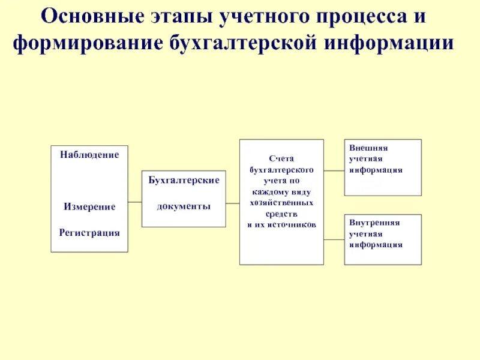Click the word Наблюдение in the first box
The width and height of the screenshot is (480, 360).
pos(89,155)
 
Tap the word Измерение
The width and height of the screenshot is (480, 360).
pos(89,206)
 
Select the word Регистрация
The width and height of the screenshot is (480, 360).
pos(89,232)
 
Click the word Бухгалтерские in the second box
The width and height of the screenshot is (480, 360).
pos(184,180)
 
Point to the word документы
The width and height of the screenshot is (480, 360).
pos(184,206)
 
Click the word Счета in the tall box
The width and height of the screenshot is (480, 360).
pos(281,158)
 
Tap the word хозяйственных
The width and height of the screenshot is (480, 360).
pos(281,202)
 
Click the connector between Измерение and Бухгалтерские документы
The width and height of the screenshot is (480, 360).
pos(135,203)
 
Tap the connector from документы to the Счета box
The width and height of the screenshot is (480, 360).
pos(233,204)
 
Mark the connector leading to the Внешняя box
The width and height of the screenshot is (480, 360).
pos(334,171)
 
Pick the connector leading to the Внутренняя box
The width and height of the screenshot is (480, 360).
pos(334,240)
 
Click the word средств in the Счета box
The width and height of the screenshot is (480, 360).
pos(281,213)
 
